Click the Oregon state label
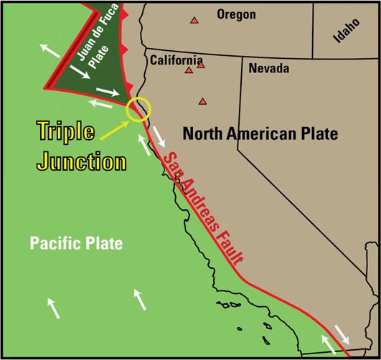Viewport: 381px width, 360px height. click(235, 14)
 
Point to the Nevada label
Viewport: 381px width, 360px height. click(268, 69)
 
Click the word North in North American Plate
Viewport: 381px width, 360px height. click(203, 133)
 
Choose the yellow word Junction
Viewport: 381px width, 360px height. click(81, 161)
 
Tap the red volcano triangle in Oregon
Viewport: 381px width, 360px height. click(194, 20)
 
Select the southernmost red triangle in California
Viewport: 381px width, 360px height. click(203, 101)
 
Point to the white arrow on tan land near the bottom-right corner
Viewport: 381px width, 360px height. click(342, 335)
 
